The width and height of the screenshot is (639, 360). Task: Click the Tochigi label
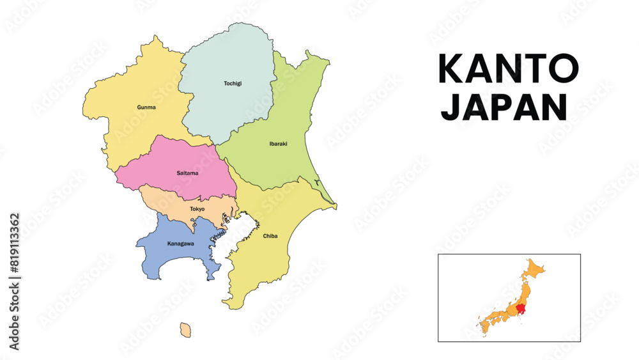233,83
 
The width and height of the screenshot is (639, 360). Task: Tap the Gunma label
146,107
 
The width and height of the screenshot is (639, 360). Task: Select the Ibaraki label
279,144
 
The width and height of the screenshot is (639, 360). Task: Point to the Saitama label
187,173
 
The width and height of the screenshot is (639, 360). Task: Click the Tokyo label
197,209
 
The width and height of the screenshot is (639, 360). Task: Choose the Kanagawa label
180,244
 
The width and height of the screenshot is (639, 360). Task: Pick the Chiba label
270,236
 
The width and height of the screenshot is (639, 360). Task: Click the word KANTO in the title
509,69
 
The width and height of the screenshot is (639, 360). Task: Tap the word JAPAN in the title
504,106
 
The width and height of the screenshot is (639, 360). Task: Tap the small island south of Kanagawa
185,330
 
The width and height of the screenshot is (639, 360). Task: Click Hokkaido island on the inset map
535,269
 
